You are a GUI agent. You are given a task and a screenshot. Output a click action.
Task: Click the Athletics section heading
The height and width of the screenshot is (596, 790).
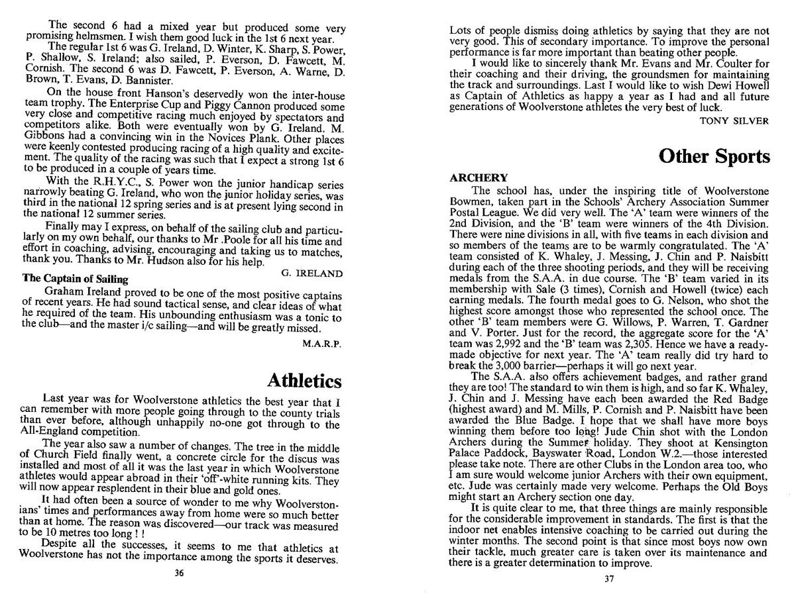pyautogui.click(x=304, y=380)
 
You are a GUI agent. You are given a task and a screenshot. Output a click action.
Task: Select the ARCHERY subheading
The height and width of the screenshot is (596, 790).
pyautogui.click(x=479, y=178)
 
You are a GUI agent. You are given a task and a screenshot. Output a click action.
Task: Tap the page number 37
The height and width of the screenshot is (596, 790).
pyautogui.click(x=610, y=580)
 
